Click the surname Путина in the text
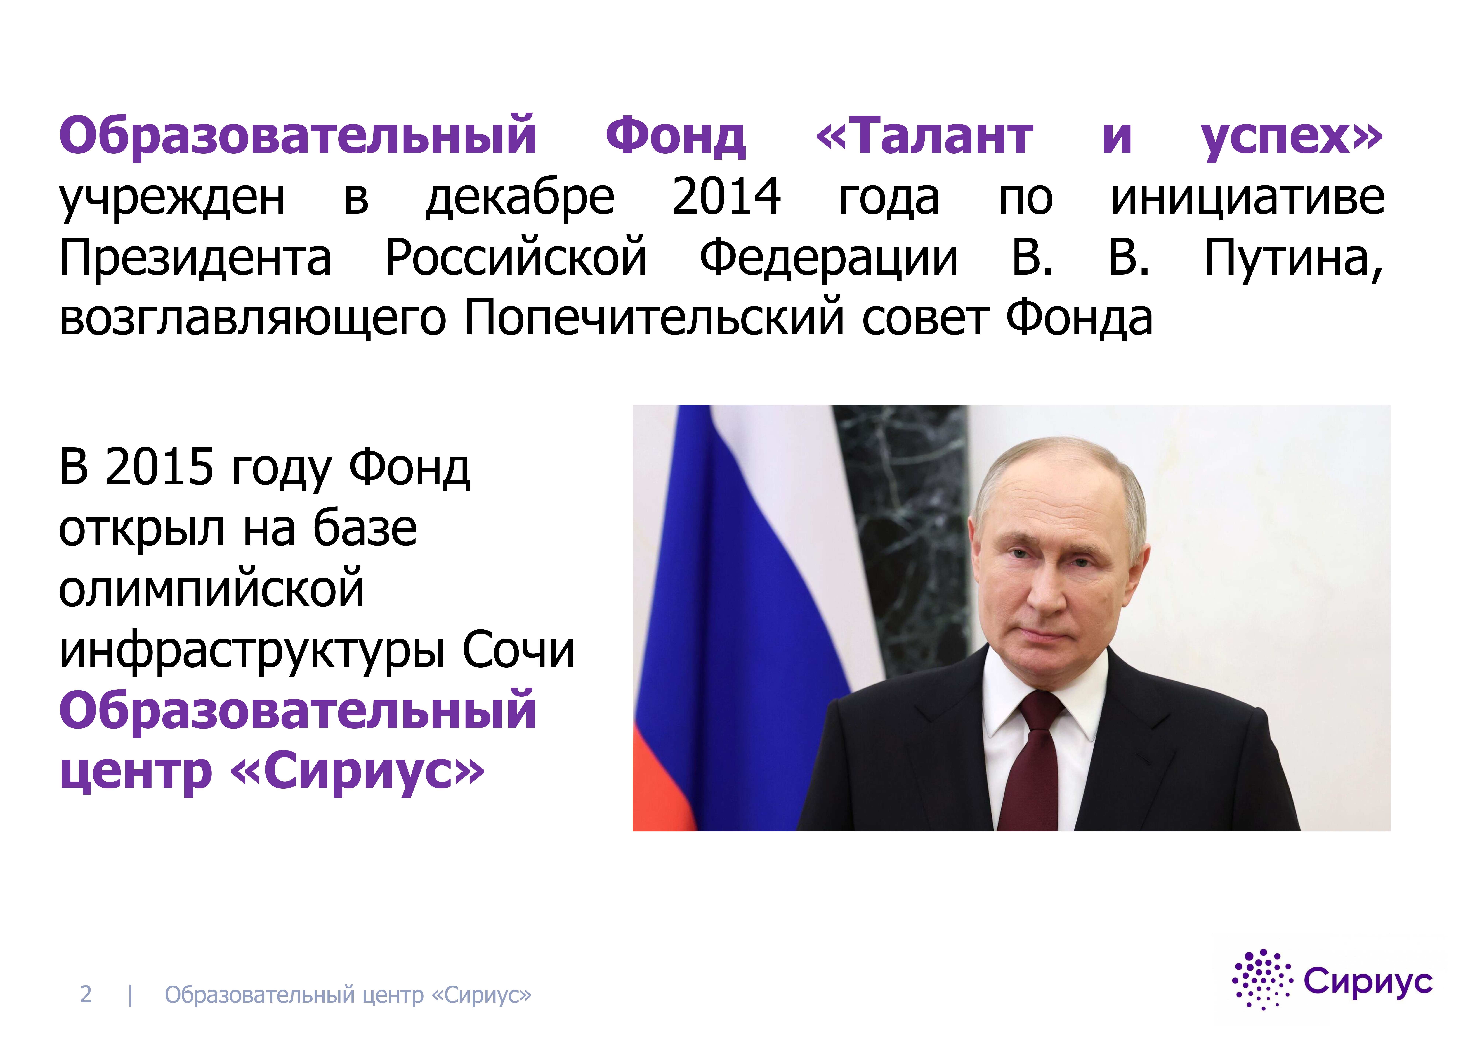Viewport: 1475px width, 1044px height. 1293,258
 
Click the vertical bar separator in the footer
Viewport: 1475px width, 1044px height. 130,995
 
